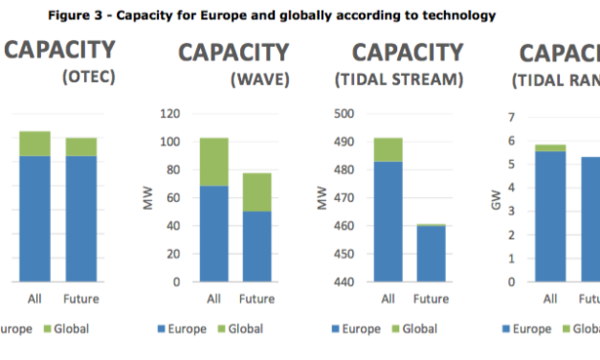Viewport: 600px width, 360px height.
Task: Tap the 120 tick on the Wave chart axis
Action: point(169,114)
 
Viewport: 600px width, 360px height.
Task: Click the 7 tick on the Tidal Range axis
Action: point(512,118)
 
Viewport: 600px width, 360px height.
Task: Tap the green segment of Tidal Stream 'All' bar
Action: point(388,149)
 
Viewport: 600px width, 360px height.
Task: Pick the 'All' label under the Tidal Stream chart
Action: point(388,299)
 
